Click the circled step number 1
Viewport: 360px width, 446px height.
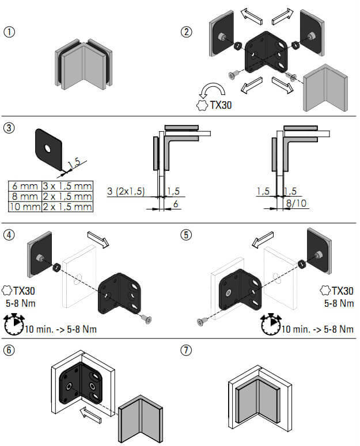pyautogui.click(x=9, y=32)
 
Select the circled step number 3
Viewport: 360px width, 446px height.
pyautogui.click(x=9, y=128)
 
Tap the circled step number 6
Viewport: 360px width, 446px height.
pyautogui.click(x=9, y=350)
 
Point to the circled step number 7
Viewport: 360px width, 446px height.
pyautogui.click(x=185, y=350)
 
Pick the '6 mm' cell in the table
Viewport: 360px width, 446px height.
pyautogui.click(x=24, y=186)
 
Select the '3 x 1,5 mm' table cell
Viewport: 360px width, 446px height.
pyautogui.click(x=67, y=186)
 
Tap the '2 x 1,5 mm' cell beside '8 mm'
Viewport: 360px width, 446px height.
pyautogui.click(x=67, y=196)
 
